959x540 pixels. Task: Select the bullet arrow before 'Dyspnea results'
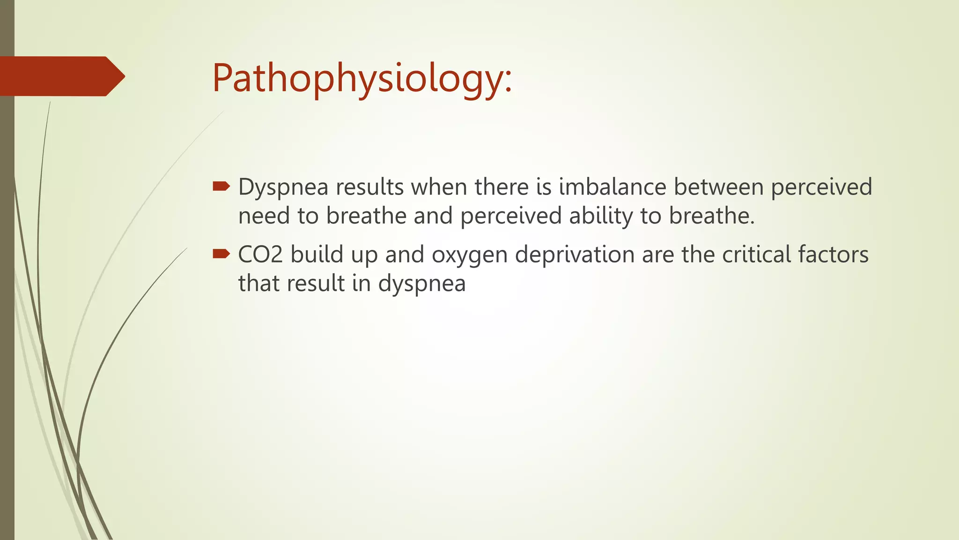pyautogui.click(x=221, y=187)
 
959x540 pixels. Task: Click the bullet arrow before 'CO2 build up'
pyautogui.click(x=221, y=254)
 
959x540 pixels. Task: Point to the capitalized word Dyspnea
pyautogui.click(x=283, y=187)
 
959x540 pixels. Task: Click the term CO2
pyautogui.click(x=260, y=255)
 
